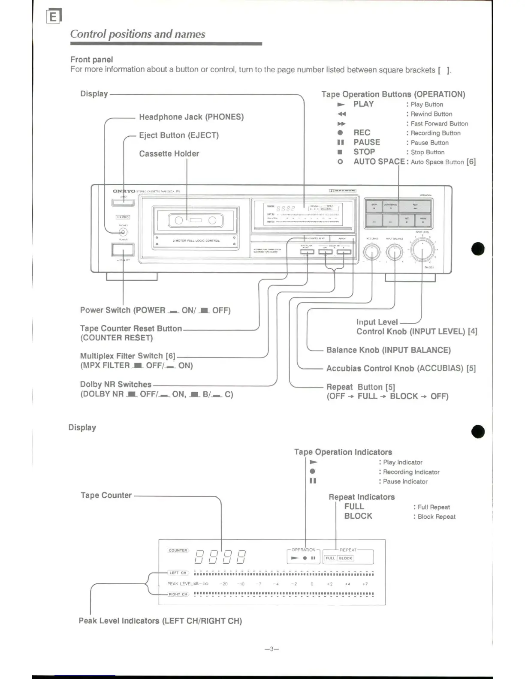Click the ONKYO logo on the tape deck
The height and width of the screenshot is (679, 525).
[x=124, y=191]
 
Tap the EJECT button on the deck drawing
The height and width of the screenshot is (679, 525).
[x=123, y=203]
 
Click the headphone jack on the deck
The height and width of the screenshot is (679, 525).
[x=123, y=232]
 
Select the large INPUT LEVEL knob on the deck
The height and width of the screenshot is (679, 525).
[x=422, y=250]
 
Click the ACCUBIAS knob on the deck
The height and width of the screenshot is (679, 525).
[x=372, y=252]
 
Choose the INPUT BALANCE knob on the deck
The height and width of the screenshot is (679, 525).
[x=394, y=252]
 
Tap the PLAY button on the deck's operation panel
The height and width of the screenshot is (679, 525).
[x=415, y=207]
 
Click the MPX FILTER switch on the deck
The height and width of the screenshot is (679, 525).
[x=307, y=252]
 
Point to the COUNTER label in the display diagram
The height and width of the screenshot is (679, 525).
[x=178, y=550]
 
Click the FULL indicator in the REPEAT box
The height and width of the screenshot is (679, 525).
[x=330, y=558]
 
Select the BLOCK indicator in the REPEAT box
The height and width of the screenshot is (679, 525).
[x=345, y=558]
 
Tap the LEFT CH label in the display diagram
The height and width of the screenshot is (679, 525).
[x=178, y=573]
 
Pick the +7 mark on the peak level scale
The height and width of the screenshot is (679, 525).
[x=365, y=584]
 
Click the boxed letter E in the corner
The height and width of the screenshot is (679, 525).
[x=54, y=16]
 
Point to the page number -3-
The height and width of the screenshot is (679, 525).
[x=272, y=649]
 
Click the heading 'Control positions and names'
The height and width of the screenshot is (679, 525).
[x=138, y=34]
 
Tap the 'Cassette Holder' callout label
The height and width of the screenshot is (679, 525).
[x=169, y=153]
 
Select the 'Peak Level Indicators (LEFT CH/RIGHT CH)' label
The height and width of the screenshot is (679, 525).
[x=160, y=621]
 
